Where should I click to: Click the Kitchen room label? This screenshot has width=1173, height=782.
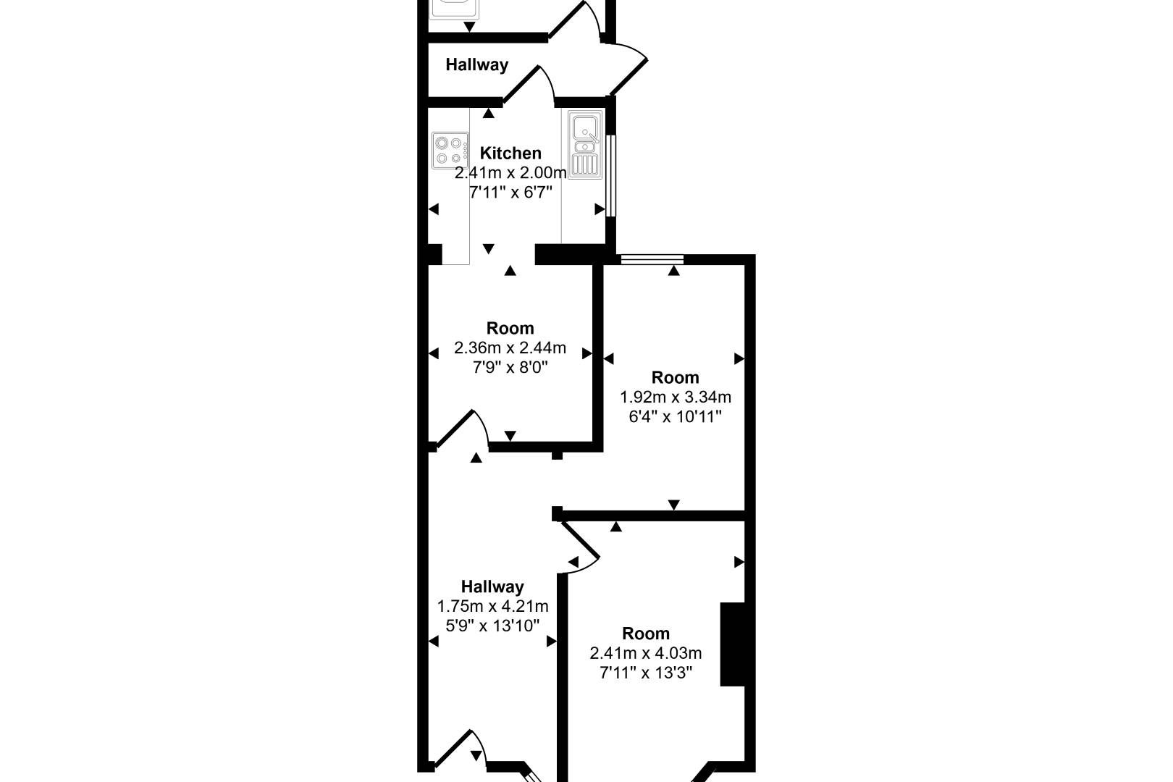[510, 153]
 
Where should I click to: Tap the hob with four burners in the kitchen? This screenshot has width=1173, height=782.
[450, 151]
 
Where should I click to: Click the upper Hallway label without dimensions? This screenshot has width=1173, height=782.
[476, 64]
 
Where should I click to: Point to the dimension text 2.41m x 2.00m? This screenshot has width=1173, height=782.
[510, 172]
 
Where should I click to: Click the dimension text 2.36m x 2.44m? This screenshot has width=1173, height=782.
[510, 348]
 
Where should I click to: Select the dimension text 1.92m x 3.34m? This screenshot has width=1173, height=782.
[675, 397]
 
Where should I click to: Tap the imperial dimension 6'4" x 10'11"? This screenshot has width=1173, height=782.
[675, 416]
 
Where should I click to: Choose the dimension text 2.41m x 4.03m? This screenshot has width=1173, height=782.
[645, 653]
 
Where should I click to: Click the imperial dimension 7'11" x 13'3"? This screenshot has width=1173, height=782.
[645, 673]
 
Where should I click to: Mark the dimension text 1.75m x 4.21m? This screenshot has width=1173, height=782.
[492, 606]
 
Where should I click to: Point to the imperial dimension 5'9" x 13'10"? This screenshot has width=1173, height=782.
[492, 626]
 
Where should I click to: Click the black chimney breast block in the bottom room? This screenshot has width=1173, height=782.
[733, 644]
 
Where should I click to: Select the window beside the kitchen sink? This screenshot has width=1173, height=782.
[611, 175]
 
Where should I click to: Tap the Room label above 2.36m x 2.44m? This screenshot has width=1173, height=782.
[510, 328]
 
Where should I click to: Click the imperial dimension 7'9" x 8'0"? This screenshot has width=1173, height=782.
[510, 368]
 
